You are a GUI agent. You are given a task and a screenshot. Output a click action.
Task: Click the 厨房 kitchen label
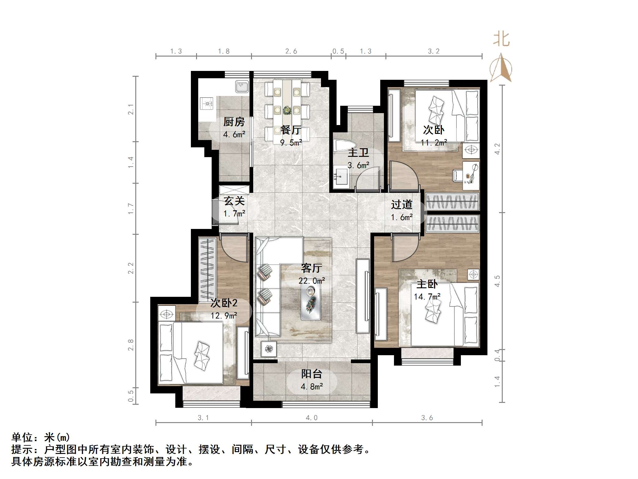pos(234,122)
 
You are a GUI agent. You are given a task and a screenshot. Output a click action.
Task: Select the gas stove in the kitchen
pos(208,103)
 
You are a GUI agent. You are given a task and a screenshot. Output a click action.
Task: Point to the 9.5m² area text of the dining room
pos(291,142)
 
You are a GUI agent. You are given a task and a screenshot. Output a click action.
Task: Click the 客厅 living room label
pos(311,268)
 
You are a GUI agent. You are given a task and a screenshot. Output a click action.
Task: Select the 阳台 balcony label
pos(312,374)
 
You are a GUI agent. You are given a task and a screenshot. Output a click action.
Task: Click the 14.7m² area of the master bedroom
pos(427,297)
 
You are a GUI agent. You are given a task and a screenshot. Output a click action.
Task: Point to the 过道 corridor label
pos(402,204)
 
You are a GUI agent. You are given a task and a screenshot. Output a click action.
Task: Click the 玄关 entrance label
pos(234,201)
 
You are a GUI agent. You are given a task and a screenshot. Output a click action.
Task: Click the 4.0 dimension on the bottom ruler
pos(312,418)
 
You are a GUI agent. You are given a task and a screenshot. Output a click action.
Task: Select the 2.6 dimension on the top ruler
pos(291,51)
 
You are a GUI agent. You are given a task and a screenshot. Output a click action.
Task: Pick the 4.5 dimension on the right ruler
pos(497,281)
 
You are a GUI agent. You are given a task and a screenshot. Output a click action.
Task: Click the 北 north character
pos(501,39)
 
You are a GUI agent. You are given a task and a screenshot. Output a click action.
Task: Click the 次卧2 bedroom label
pos(224,303)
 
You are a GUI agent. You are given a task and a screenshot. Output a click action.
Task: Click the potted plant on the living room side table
pos(269,349)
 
